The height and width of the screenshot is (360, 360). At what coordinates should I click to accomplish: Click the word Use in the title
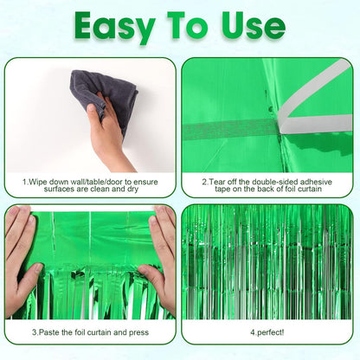tap(254, 26)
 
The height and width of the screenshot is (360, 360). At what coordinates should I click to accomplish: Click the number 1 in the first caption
tap(25, 182)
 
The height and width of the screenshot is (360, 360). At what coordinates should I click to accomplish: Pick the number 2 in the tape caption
tap(203, 182)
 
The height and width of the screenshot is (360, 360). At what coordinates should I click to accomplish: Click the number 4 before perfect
tap(252, 331)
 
